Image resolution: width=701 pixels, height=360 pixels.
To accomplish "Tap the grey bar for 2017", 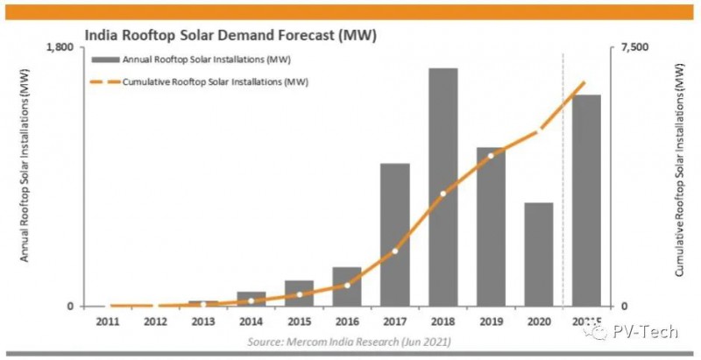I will click(x=395, y=235).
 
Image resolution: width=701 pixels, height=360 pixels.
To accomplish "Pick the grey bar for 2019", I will click(x=491, y=227).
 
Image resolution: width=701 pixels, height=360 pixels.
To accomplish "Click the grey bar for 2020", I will click(x=539, y=254).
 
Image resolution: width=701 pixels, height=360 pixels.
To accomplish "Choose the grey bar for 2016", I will click(x=347, y=286).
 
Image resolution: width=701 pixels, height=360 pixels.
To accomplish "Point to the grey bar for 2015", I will click(x=299, y=293).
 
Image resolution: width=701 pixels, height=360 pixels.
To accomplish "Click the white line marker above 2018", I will click(x=443, y=194).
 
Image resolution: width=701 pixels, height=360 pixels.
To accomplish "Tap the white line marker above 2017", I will click(x=395, y=251).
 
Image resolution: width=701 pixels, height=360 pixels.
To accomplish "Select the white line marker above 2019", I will click(x=491, y=156).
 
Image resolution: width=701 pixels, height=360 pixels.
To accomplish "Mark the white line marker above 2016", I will click(x=347, y=286).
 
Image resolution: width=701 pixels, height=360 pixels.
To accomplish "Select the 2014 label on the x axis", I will click(x=251, y=322).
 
